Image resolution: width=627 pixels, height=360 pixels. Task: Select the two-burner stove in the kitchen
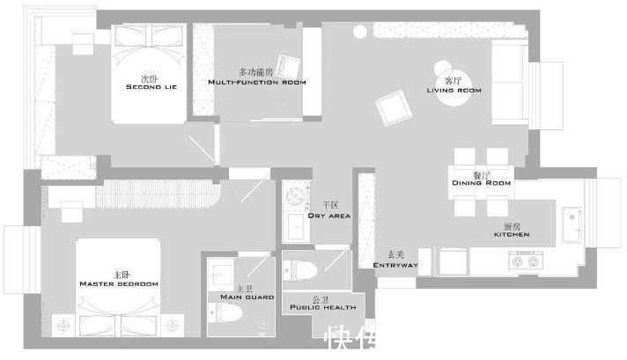click(x=526, y=260)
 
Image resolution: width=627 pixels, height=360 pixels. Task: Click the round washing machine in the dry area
click(x=297, y=196)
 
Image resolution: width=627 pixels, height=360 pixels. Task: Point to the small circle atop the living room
click(x=360, y=33)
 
